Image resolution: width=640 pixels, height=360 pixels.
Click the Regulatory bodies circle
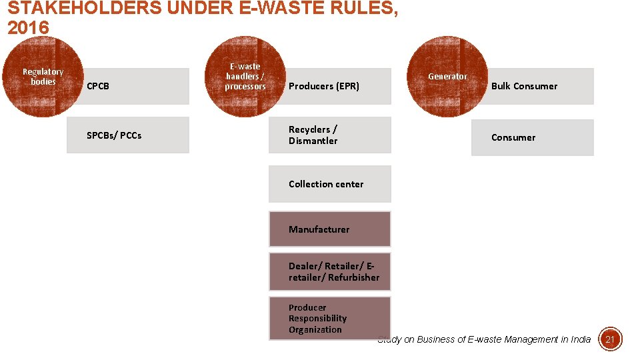click(43, 77)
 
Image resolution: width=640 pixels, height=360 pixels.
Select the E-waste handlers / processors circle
click(245, 77)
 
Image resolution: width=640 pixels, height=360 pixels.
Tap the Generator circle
click(447, 77)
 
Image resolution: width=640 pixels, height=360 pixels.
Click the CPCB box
click(128, 86)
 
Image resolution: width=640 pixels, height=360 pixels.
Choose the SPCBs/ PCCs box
click(128, 135)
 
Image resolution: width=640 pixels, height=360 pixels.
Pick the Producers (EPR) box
click(330, 86)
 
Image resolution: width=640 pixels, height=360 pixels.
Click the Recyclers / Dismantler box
click(330, 135)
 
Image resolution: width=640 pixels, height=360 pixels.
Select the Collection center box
click(330, 184)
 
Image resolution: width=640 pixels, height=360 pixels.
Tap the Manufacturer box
click(330, 229)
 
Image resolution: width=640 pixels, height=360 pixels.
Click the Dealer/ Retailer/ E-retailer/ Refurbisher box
click(330, 271)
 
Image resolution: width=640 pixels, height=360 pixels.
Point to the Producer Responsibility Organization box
click(330, 319)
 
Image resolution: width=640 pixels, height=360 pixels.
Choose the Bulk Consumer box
click(532, 86)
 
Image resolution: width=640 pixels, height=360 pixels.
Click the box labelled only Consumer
click(532, 137)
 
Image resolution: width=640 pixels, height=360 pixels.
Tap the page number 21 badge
click(610, 339)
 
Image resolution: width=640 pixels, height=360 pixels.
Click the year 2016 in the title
click(28, 29)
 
